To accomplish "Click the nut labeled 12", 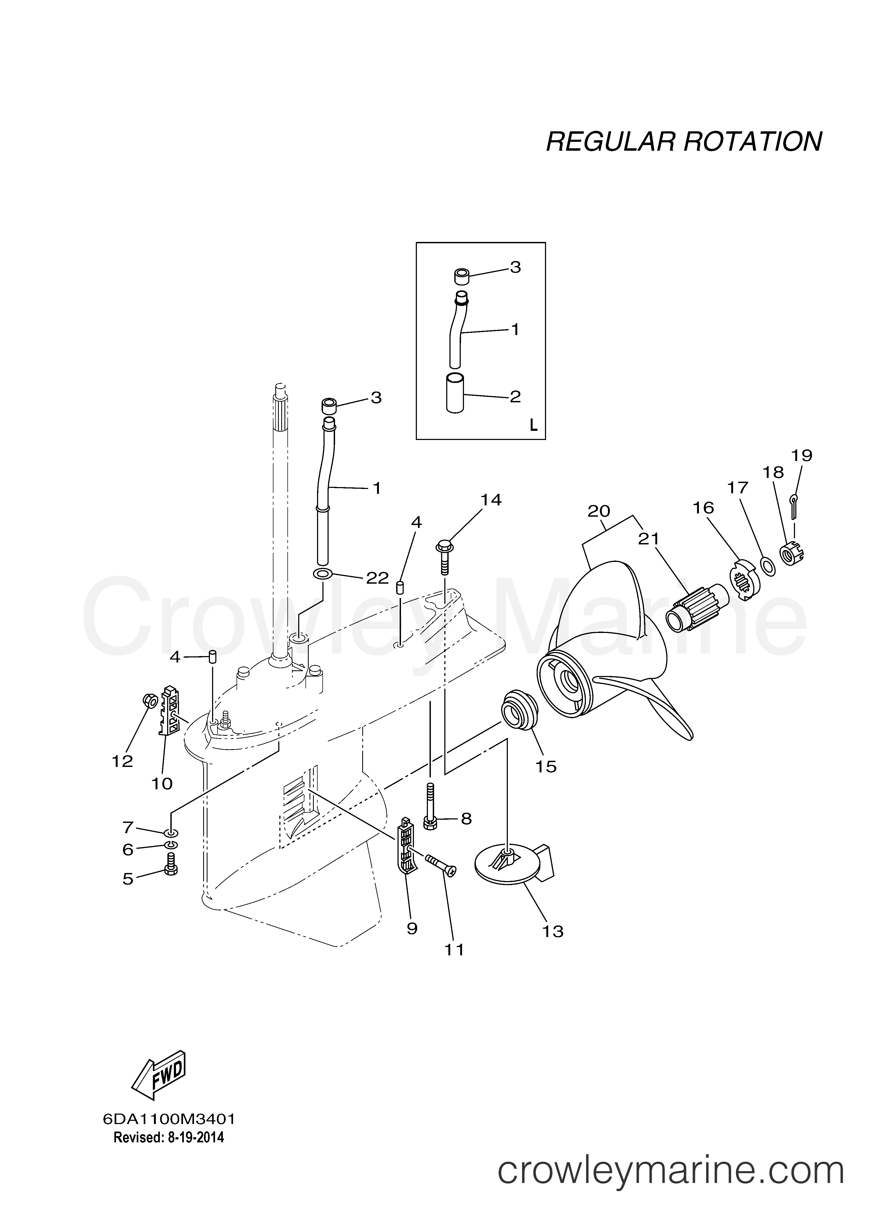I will [x=151, y=702].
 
